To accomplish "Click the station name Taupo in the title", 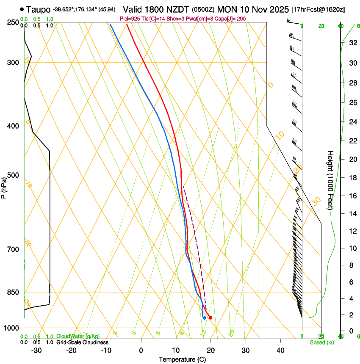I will [38, 9].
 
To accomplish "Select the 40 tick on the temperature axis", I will [280, 350].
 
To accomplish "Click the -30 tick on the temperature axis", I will [36, 350].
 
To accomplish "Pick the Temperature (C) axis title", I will [182, 359].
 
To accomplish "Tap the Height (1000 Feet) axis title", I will [331, 180].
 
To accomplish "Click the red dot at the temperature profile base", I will [210, 318].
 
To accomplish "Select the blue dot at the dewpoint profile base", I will [205, 317].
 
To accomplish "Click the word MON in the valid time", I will [228, 9].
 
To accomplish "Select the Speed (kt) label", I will [321, 342].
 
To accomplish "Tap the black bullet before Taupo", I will [22, 9].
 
